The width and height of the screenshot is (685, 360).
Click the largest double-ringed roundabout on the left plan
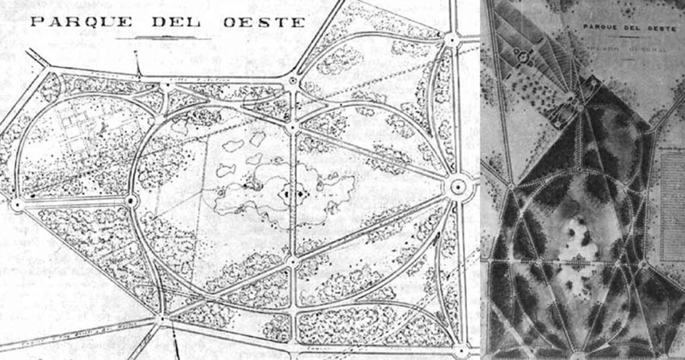pyautogui.click(x=458, y=185)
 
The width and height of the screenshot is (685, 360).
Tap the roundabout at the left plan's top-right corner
pyautogui.click(x=452, y=39)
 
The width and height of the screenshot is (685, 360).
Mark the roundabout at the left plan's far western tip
pyautogui.click(x=17, y=203)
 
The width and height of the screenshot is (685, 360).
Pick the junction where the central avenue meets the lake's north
pyautogui.click(x=292, y=126)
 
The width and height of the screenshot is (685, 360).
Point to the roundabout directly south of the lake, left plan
pyautogui.click(x=293, y=259)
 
